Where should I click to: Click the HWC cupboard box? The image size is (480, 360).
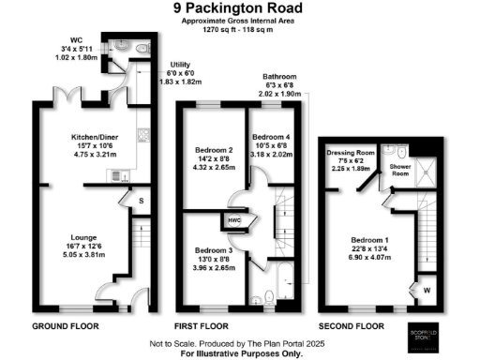point(235,220)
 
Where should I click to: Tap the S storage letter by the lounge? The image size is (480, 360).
point(142,201)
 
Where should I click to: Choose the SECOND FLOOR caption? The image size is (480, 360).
point(352,325)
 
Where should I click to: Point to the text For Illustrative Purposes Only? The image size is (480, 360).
point(240,352)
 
